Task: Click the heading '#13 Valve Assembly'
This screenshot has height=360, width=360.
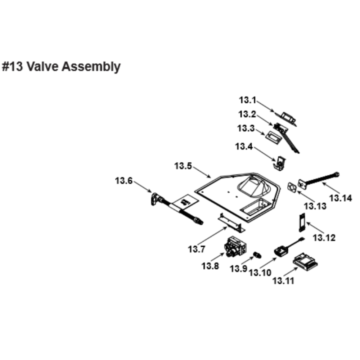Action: [61, 67]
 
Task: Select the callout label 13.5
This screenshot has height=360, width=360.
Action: [183, 166]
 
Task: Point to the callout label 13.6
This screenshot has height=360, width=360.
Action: [124, 181]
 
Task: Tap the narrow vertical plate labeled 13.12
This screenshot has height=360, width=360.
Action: [301, 223]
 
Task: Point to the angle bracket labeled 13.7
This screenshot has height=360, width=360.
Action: [230, 223]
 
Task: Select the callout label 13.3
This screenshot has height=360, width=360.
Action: [246, 129]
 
